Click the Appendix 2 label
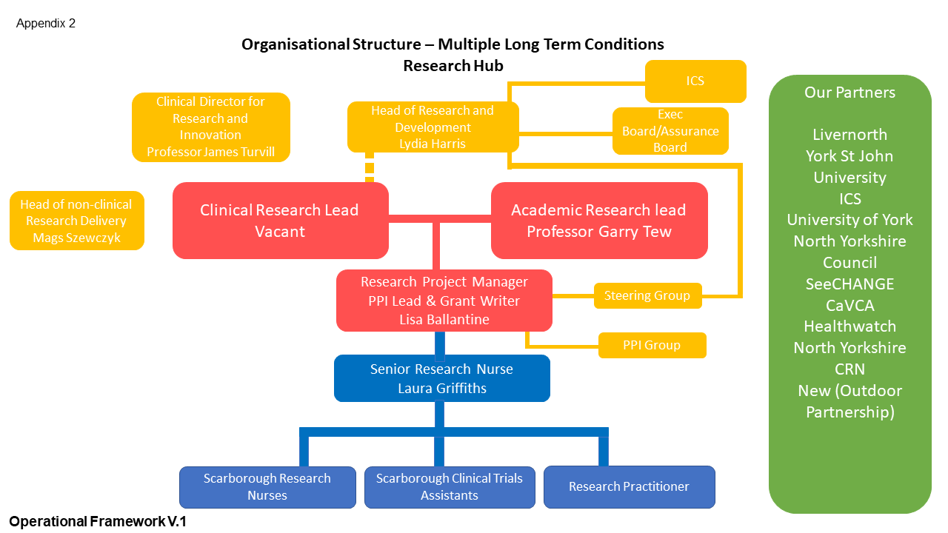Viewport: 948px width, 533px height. pos(46,24)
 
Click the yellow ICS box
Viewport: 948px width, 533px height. pos(695,81)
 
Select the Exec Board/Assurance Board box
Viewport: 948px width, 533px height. pos(670,131)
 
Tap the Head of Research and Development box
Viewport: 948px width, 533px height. pos(433,127)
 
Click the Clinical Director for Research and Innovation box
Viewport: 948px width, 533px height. pos(210,127)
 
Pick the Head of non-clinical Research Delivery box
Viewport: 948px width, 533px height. pos(76,221)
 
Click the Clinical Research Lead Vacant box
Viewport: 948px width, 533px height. pos(280,221)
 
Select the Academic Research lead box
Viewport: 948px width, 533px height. pos(599,221)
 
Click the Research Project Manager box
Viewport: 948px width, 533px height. pos(444,301)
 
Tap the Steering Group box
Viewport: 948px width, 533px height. pos(647,295)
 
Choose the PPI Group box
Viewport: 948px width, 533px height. pos(652,345)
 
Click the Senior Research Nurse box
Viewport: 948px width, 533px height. pos(441,378)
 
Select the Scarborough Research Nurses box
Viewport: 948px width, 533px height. pos(267,487)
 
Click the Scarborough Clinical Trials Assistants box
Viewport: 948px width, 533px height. pos(450,487)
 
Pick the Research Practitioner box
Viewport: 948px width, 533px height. pos(629,486)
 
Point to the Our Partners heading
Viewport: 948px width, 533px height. pos(849,93)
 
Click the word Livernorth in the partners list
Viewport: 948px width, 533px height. pos(849,135)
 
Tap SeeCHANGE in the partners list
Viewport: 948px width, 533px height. pos(849,284)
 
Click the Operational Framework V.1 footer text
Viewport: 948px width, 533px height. pos(98,522)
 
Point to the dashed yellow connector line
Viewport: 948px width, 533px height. pos(370,167)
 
